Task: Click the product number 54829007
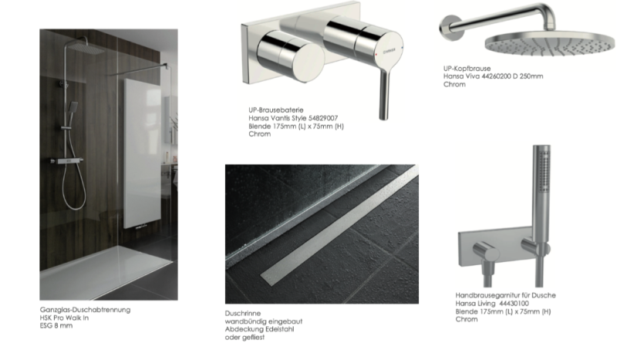point(323,118)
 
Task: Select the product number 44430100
point(514,304)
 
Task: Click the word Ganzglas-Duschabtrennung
point(85,310)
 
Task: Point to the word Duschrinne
point(243,313)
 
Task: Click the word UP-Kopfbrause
point(467,69)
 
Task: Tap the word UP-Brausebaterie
point(276,110)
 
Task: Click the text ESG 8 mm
point(56,325)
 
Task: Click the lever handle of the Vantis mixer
point(383,94)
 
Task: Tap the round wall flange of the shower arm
point(450,28)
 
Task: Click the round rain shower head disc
point(550,44)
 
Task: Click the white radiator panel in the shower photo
point(143,153)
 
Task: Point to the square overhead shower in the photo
point(86,49)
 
